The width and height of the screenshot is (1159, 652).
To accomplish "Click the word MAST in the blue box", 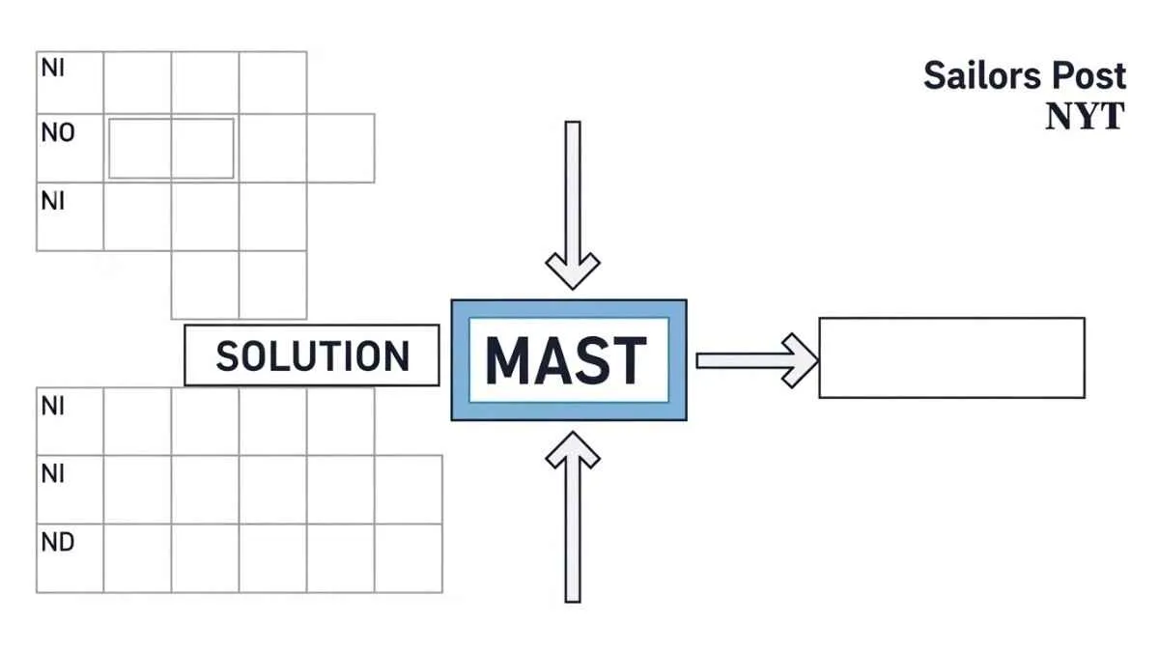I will pos(567,360).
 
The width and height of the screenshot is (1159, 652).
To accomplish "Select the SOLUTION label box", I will pos(311,355).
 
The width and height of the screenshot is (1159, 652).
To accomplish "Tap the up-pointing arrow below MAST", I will pos(573,517).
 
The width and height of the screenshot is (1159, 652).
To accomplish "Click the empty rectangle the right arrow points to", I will pos(951,357).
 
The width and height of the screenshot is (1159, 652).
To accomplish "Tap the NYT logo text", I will pos(1085,116).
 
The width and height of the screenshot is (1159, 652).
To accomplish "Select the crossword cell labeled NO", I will pos(70,148).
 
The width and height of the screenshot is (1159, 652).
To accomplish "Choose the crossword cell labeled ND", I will pos(70,558).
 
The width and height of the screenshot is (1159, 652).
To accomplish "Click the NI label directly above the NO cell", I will pos(52,69).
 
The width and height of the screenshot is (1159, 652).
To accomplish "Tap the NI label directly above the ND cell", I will pos(52,474).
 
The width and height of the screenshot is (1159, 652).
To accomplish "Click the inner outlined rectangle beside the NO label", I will pos(171,148).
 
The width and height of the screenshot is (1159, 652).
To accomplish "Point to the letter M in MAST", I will pos(508,360).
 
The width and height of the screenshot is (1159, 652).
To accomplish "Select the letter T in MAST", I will pos(627,360).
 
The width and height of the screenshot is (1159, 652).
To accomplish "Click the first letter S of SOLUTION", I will pos(227,356).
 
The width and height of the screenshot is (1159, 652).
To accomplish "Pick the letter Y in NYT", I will pos(1085,116).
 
